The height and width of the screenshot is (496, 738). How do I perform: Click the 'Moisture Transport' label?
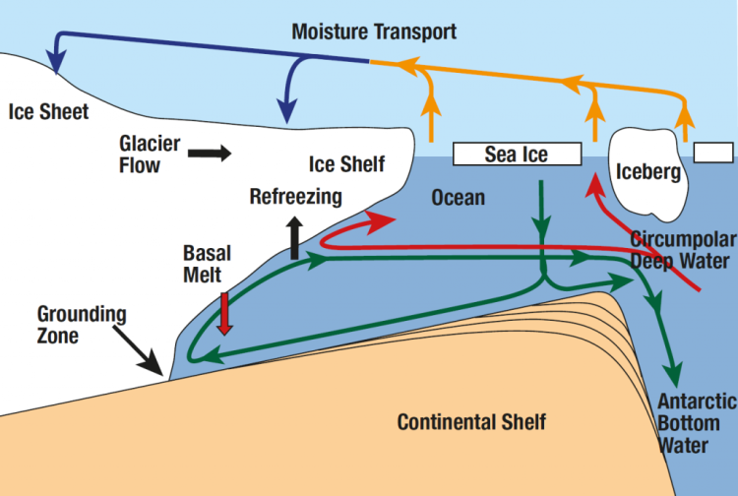pyautogui.click(x=374, y=32)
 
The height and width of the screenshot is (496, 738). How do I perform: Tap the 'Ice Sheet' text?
pyautogui.click(x=48, y=111)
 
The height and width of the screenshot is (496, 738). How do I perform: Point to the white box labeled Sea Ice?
pyautogui.click(x=516, y=154)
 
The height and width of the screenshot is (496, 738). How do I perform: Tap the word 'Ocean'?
pyautogui.click(x=459, y=198)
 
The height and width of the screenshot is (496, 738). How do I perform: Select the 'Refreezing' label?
pyautogui.click(x=295, y=196)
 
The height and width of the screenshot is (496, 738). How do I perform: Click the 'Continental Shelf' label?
pyautogui.click(x=471, y=422)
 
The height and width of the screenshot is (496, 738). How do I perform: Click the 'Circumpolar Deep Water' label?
pyautogui.click(x=680, y=250)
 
